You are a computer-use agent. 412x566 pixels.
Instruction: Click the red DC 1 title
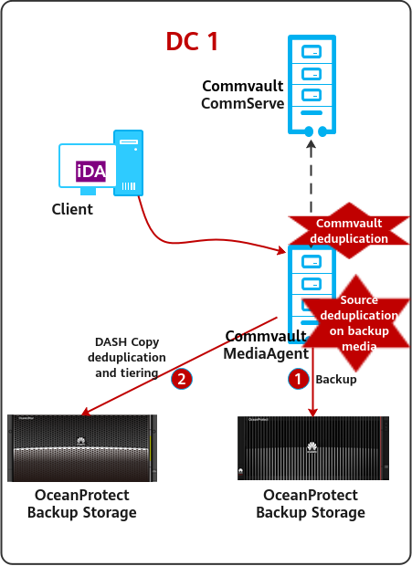(x=192, y=41)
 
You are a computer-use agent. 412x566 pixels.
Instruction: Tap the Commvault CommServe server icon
(x=312, y=86)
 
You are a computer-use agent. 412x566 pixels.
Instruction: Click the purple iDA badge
(x=90, y=171)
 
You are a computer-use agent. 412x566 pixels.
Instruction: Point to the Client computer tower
(x=128, y=162)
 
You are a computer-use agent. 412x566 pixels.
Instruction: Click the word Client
(x=72, y=209)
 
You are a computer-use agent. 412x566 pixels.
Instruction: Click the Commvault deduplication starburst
(x=349, y=231)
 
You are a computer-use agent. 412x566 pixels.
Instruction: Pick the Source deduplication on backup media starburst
(x=357, y=323)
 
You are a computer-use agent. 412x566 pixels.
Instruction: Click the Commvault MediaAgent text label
(x=266, y=345)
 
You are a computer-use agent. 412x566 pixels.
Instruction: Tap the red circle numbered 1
(x=298, y=379)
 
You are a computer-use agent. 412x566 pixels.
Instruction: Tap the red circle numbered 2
(x=181, y=379)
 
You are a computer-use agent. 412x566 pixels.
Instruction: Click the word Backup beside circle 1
(x=336, y=380)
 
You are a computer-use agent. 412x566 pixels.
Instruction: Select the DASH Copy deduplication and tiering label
(x=127, y=357)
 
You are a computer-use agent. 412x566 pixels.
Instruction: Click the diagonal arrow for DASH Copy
(x=179, y=366)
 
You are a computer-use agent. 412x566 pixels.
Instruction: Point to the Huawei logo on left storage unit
(x=81, y=441)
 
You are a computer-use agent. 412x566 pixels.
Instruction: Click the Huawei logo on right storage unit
(x=312, y=447)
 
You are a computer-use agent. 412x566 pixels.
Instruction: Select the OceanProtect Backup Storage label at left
(x=82, y=504)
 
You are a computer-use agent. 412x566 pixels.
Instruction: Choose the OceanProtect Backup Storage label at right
(x=311, y=504)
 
